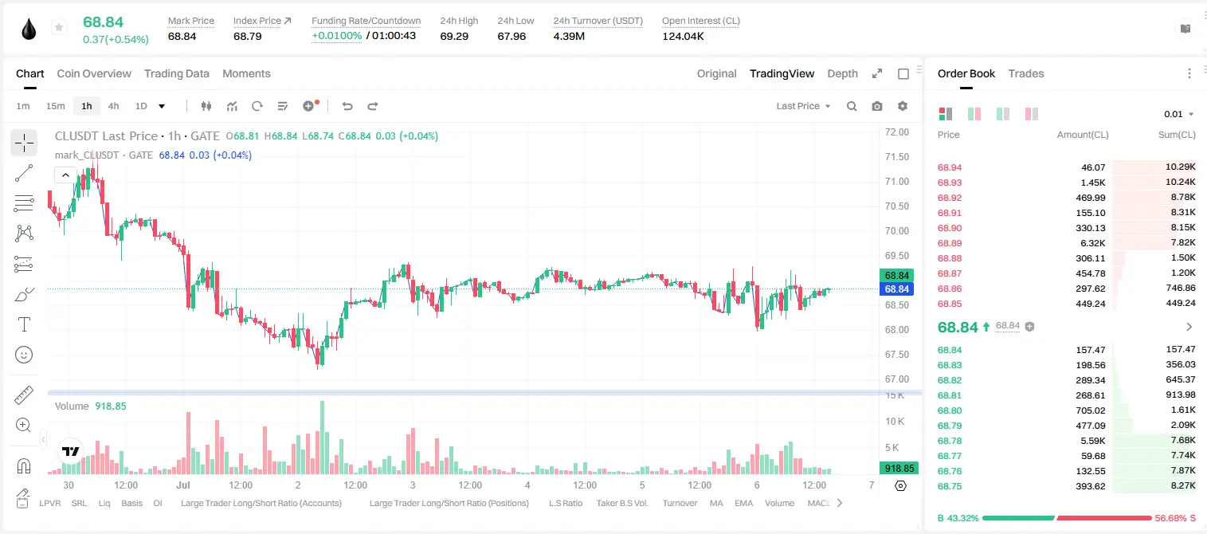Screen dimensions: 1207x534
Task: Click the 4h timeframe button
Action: (x=113, y=106)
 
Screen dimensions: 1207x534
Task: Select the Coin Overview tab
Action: (x=94, y=73)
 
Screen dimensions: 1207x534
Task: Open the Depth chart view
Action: (x=842, y=73)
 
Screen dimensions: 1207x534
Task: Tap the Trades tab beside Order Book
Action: (x=1026, y=73)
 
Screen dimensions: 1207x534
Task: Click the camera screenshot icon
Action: (x=877, y=106)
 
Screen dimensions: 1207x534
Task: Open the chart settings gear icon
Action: (x=903, y=106)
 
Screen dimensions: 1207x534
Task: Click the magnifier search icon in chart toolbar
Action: (x=852, y=106)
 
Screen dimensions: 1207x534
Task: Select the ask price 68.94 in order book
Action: (x=950, y=167)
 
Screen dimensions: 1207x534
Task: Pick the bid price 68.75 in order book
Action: (x=950, y=486)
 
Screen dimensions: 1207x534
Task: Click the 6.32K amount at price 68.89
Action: (x=1093, y=243)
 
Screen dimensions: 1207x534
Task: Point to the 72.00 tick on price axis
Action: (x=896, y=132)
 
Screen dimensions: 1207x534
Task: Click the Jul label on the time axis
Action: (x=183, y=485)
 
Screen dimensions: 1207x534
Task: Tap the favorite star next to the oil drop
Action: (x=59, y=27)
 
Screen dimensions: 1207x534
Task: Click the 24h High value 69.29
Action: (x=454, y=36)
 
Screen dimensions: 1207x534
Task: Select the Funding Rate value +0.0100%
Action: (x=337, y=36)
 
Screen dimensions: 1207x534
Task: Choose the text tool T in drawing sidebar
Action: (x=24, y=324)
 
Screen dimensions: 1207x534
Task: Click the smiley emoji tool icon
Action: (x=24, y=355)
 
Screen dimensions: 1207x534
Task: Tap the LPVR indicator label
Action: (x=50, y=503)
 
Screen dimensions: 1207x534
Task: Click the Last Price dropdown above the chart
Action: (x=803, y=106)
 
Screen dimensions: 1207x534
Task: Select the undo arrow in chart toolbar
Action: (x=347, y=106)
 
